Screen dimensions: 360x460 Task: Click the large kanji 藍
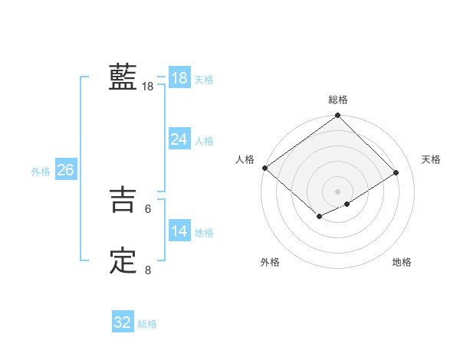(x=123, y=77)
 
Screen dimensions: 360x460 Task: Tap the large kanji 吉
(x=123, y=201)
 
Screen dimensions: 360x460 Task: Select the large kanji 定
(x=123, y=261)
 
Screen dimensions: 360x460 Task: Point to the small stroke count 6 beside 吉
(x=147, y=208)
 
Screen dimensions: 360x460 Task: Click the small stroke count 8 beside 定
(x=147, y=270)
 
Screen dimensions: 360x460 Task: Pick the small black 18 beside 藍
(x=147, y=87)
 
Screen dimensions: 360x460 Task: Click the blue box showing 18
(x=179, y=77)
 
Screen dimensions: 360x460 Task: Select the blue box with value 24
(x=179, y=139)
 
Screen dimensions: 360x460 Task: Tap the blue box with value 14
(x=179, y=231)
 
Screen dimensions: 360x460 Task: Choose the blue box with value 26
(x=65, y=170)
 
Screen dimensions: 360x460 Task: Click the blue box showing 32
(x=123, y=322)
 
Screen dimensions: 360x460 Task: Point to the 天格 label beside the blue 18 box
(x=204, y=79)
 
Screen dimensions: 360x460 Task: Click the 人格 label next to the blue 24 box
(x=204, y=140)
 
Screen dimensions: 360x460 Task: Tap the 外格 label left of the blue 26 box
(x=41, y=172)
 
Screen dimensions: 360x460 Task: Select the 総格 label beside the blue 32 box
(x=147, y=324)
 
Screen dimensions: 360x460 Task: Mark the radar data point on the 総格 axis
(x=337, y=116)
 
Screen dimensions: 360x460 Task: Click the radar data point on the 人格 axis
(x=264, y=168)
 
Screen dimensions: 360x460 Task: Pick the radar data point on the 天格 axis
(x=396, y=173)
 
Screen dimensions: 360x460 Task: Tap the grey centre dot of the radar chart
(x=337, y=191)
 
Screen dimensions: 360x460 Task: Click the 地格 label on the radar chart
(x=402, y=263)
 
